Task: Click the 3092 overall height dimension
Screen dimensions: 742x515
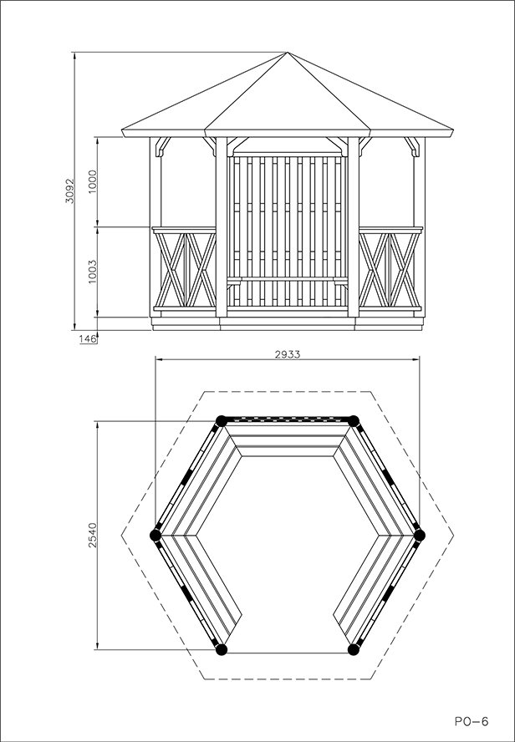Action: (70, 191)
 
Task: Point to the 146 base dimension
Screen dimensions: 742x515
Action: (87, 338)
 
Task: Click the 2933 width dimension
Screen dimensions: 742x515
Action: (287, 354)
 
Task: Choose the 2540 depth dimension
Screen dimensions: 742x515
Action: (93, 537)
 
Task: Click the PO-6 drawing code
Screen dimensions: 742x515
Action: (472, 719)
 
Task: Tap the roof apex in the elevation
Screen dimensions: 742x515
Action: (287, 53)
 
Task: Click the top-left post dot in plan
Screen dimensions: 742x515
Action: (221, 420)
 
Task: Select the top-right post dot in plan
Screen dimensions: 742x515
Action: (354, 420)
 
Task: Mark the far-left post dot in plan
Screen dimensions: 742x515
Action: (155, 535)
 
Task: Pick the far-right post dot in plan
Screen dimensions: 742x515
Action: (420, 535)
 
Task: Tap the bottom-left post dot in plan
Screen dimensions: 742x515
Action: (221, 648)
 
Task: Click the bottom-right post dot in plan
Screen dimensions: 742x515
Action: (354, 648)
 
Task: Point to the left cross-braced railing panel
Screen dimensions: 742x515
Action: (184, 271)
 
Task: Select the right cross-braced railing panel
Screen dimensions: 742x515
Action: (390, 271)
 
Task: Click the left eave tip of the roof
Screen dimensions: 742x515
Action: (124, 133)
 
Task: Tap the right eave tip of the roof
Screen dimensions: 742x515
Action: (451, 133)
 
